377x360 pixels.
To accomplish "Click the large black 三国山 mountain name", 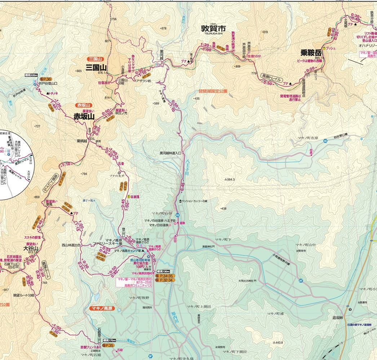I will tap(96, 67).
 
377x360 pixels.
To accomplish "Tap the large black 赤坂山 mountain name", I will tap(84, 116).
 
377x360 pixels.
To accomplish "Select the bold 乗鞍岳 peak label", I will tap(311, 53).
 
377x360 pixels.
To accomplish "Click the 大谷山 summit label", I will tap(31, 248).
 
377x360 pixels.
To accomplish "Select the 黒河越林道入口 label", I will tap(171, 153).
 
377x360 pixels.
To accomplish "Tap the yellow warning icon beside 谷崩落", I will tap(129, 197).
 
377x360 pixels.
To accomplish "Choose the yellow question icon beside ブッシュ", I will tap(324, 48).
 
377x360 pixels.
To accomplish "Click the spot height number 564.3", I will tap(231, 179).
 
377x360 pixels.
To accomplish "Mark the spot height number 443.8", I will tap(279, 342).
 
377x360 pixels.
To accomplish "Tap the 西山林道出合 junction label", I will tap(71, 245).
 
